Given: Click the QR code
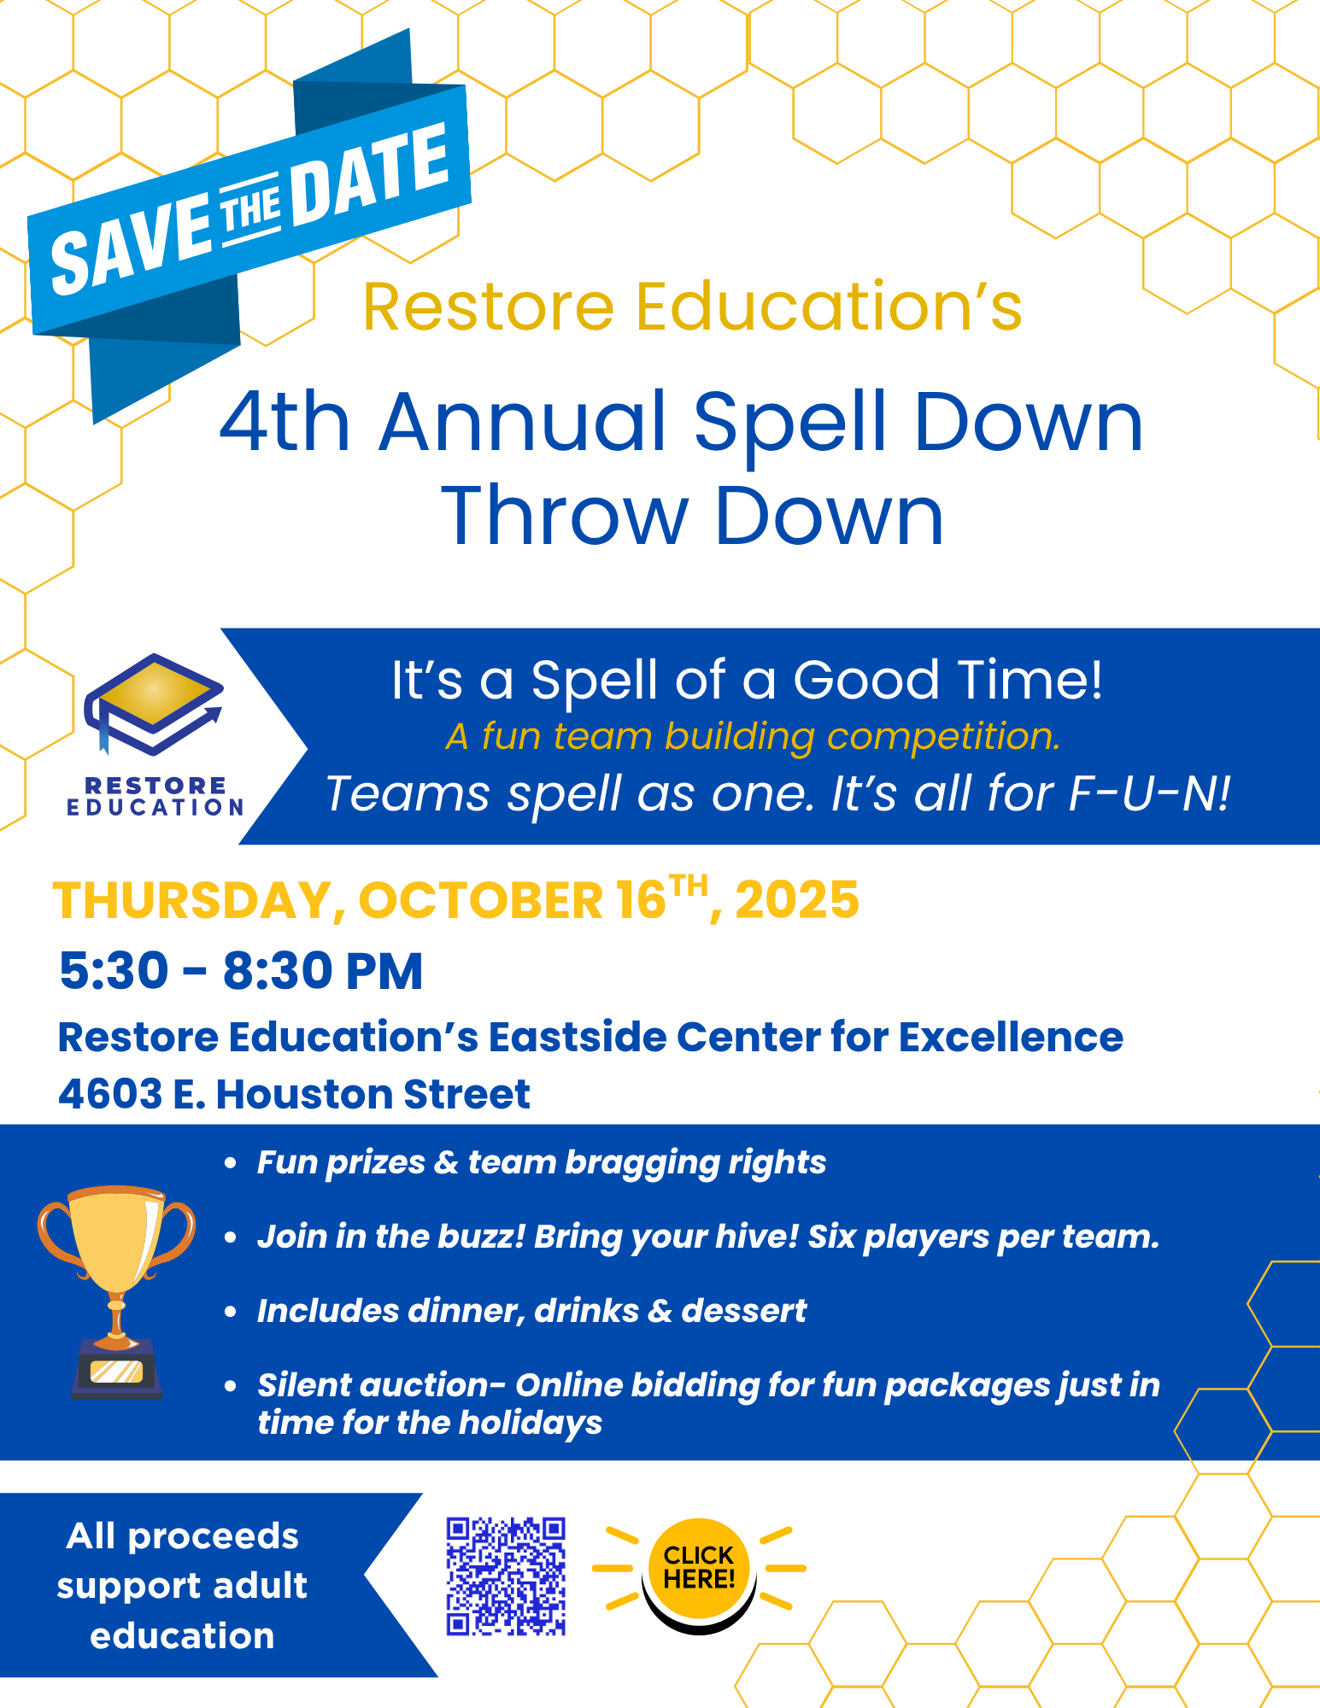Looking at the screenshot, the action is tap(506, 1576).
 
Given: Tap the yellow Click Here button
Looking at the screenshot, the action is tap(699, 1570).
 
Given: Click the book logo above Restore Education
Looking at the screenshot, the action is tap(154, 705).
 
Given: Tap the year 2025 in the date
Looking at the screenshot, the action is tap(796, 900).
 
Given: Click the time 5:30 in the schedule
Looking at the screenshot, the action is tap(114, 971).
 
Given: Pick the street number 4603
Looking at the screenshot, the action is tap(110, 1094).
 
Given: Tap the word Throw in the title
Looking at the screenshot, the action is tap(565, 516).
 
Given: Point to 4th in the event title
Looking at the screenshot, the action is tap(285, 422).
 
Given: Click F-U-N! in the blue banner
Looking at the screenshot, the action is tap(1150, 793).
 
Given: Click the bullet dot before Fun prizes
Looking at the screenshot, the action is tap(230, 1163).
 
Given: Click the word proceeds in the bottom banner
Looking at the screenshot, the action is tap(213, 1537).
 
